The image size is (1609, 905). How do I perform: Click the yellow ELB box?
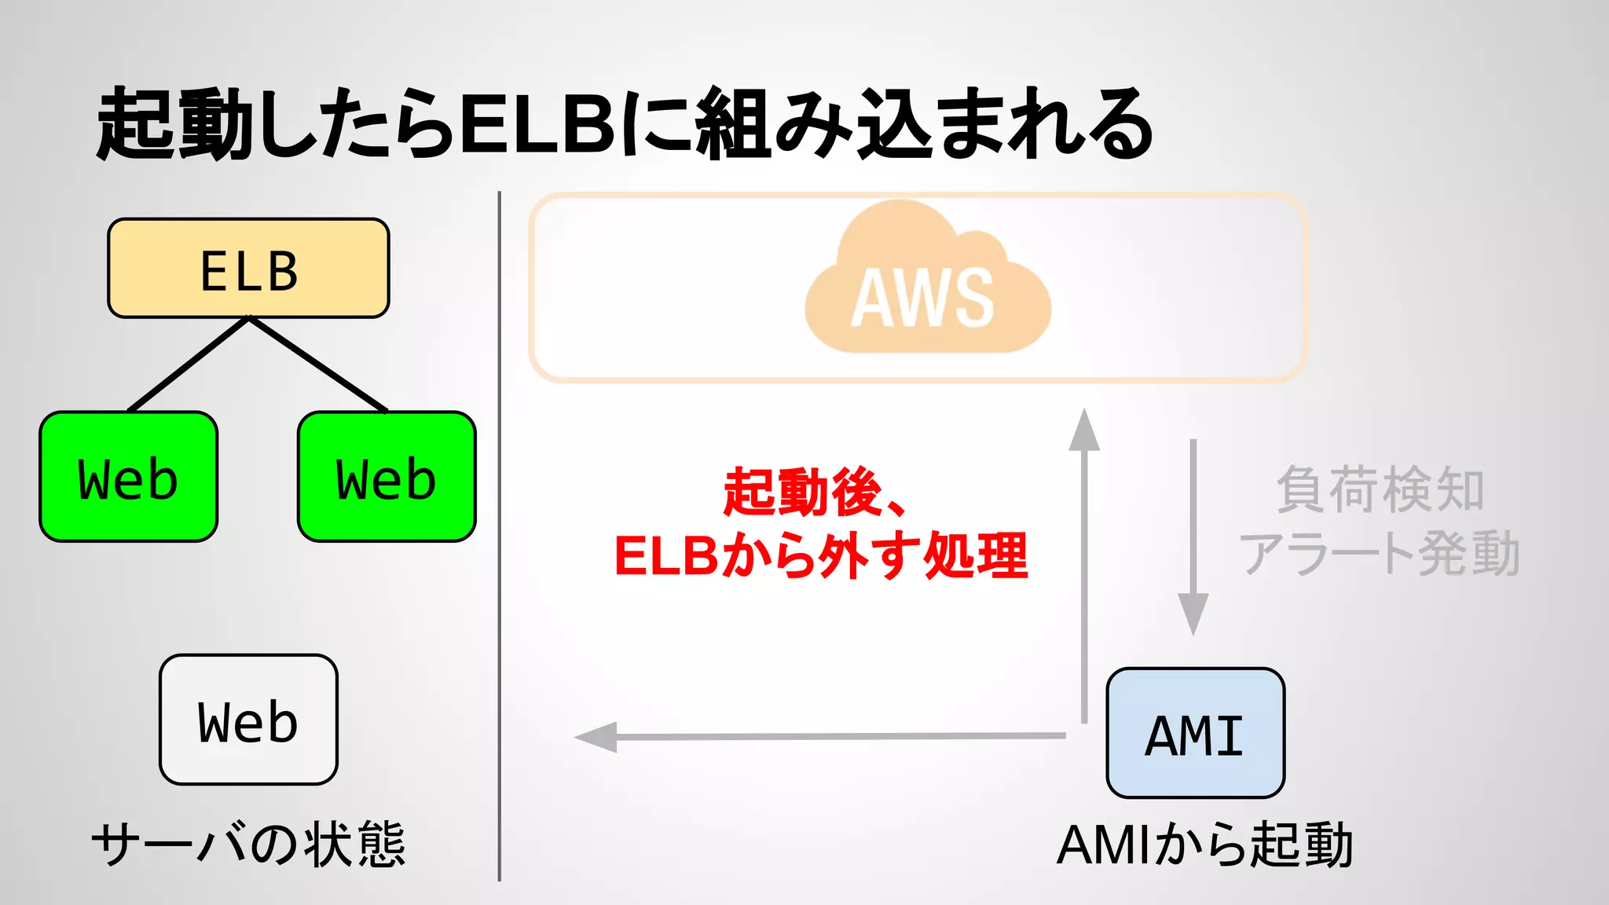coord(248,269)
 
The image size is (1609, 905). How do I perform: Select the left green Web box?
coord(128,477)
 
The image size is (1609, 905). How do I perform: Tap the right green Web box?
coord(387,477)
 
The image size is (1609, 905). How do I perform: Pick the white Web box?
coord(248,720)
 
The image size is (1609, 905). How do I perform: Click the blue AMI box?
coord(1195,733)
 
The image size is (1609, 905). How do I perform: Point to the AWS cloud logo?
coord(927,283)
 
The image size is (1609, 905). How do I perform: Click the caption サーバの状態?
coord(248,845)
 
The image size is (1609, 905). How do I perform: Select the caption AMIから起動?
coord(1204,845)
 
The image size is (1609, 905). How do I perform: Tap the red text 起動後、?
coord(813,493)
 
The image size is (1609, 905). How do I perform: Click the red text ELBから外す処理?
coord(821,555)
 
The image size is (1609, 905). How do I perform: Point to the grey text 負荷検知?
coord(1380,489)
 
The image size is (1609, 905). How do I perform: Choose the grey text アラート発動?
coord(1380,553)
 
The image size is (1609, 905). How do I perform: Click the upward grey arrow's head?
coord(1084,431)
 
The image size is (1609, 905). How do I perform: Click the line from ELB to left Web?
coord(189,364)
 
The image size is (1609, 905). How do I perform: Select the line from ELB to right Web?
coord(318,364)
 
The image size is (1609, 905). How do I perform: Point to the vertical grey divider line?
coord(499,534)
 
